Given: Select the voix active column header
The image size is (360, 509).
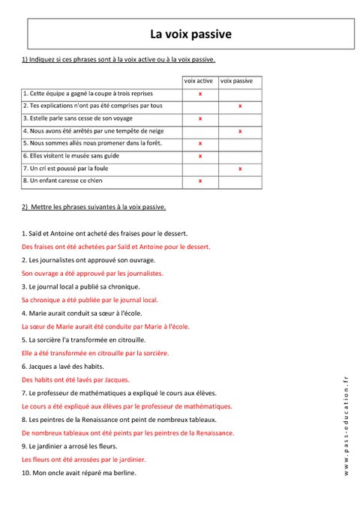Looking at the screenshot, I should coord(199,80).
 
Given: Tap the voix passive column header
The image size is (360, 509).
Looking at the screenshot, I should coord(237,80).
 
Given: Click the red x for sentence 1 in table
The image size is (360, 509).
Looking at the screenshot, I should coord(200,94).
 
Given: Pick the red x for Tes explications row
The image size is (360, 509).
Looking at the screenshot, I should coord(240,106).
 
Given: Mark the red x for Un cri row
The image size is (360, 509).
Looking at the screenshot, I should coord(240,169).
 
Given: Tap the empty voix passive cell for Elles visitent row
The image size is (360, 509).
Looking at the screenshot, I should coord(240,156).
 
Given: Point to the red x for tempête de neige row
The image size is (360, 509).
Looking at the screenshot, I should coord(240,131).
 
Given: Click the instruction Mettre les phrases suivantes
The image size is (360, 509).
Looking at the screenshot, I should coord(94,206).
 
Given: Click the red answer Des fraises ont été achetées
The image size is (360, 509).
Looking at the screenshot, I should coord(116,246).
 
